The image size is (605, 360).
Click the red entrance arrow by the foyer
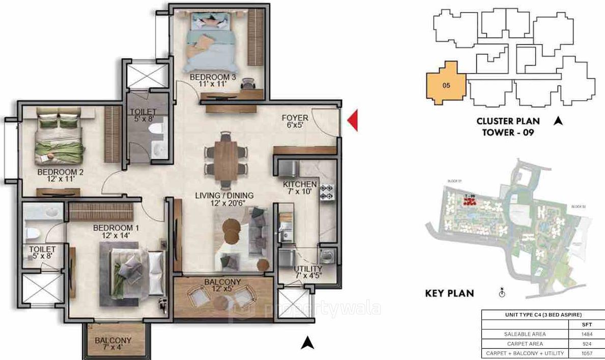click(x=352, y=120)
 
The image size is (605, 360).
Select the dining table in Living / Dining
click(x=226, y=159)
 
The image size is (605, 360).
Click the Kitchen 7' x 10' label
click(x=300, y=188)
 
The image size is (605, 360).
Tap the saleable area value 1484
click(x=585, y=334)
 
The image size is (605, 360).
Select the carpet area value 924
click(x=585, y=344)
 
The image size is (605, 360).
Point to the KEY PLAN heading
click(x=449, y=293)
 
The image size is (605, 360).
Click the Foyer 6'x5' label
click(x=295, y=122)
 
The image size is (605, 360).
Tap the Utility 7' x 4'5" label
click(x=308, y=273)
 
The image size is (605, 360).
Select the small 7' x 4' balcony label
click(x=113, y=344)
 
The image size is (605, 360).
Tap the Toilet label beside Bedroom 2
click(x=142, y=116)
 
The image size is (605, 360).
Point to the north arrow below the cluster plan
click(x=558, y=121)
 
